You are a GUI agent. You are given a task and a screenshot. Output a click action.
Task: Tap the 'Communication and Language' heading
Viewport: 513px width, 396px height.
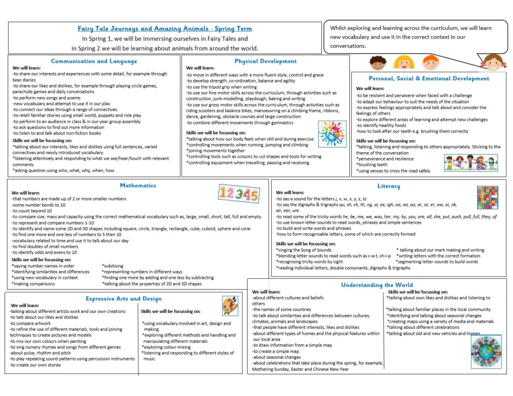click(x=94, y=61)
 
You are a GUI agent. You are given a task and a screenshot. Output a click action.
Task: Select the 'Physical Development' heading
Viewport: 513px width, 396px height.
click(x=266, y=61)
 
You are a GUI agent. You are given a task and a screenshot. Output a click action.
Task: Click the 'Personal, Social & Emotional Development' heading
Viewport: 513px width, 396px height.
click(x=428, y=78)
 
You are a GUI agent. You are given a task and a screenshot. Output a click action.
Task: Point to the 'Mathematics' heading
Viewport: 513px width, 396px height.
click(x=138, y=185)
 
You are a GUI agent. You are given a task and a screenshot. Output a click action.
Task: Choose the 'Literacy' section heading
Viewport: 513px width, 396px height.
click(x=389, y=186)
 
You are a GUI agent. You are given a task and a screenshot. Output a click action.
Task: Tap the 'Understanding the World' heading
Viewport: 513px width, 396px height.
click(x=377, y=285)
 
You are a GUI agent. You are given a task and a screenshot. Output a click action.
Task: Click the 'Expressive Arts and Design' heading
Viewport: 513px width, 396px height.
click(x=123, y=298)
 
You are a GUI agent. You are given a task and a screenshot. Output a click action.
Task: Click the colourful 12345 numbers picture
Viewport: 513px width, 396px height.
click(x=239, y=193)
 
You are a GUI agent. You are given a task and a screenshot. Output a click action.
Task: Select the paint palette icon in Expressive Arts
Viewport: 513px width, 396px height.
click(x=230, y=305)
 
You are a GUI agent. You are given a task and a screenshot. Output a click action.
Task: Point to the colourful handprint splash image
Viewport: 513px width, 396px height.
click(x=332, y=134)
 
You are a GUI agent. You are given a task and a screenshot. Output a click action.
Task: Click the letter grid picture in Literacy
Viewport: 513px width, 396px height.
click(x=487, y=197)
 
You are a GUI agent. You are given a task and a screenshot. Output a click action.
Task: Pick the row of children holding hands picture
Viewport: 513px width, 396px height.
click(x=470, y=163)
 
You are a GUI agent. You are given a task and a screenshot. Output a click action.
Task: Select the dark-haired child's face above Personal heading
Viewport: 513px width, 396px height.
click(x=377, y=63)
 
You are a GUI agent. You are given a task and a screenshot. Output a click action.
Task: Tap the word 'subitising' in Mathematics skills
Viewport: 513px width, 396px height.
click(x=113, y=266)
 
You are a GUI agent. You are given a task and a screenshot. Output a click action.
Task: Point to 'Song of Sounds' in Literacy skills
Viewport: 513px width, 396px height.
click(x=314, y=250)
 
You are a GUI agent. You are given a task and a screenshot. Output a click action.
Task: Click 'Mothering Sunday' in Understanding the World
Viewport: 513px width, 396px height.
click(x=272, y=369)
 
